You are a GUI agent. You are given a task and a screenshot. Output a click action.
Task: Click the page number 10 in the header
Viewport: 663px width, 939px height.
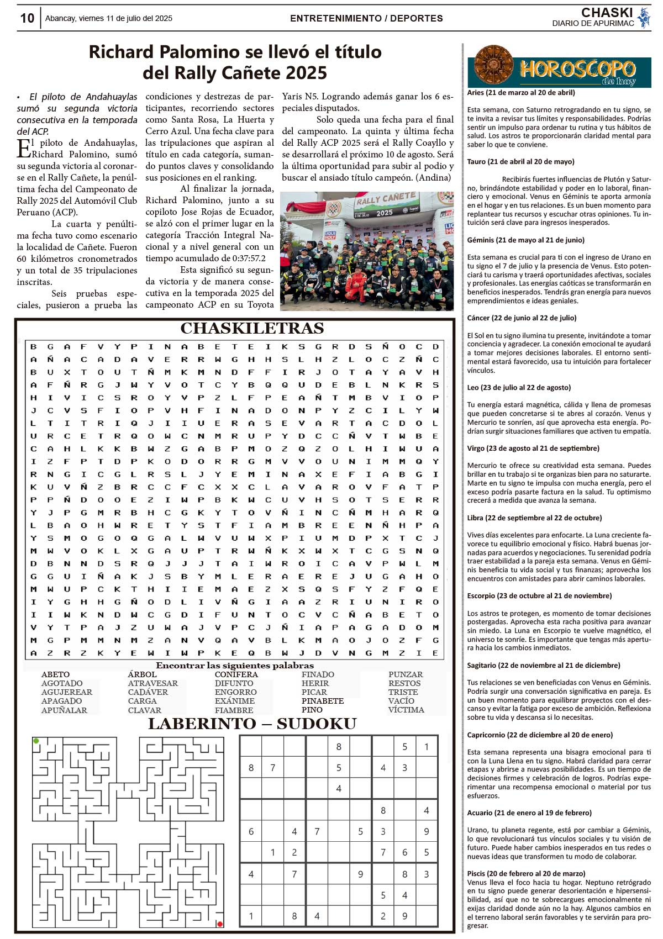[x=27, y=18]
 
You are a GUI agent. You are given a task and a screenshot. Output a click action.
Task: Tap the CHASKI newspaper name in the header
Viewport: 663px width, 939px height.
[x=607, y=13]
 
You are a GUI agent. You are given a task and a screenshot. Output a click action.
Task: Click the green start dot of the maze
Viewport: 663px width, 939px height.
[x=36, y=741]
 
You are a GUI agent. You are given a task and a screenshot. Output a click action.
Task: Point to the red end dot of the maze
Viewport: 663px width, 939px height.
[x=220, y=924]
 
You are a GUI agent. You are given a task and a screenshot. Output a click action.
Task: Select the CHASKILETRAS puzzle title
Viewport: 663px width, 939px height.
[x=252, y=329]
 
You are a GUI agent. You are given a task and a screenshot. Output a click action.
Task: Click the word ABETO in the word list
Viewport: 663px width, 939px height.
[x=55, y=674]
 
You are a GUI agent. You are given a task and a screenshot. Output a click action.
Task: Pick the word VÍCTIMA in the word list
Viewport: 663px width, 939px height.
[x=406, y=710]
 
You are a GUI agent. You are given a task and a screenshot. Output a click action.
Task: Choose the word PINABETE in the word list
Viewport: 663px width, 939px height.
[x=323, y=701]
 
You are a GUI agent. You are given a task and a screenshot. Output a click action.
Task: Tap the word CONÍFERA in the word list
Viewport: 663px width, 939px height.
[x=236, y=674]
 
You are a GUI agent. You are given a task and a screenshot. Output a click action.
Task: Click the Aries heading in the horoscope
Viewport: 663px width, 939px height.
[x=521, y=93]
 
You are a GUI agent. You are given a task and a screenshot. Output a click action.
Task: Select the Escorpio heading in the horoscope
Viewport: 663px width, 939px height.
[x=539, y=596]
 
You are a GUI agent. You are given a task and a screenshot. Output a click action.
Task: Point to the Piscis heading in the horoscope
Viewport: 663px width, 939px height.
[x=526, y=873]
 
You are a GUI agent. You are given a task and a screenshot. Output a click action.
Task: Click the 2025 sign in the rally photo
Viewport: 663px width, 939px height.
[x=385, y=213]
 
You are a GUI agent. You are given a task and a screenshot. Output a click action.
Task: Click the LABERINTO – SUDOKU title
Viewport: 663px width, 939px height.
[x=252, y=724]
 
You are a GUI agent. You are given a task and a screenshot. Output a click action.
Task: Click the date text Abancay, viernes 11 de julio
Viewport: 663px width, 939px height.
[x=109, y=18]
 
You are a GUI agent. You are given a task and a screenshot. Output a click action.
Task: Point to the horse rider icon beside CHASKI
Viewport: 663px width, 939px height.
[x=644, y=18]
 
